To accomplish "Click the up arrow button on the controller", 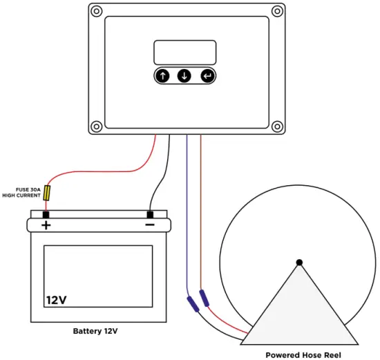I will [x=162, y=76].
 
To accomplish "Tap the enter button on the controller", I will [x=207, y=76].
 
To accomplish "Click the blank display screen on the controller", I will [x=184, y=53].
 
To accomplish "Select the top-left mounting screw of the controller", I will [x=96, y=11].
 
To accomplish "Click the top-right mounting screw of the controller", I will [x=277, y=11].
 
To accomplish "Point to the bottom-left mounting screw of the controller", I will [x=96, y=126].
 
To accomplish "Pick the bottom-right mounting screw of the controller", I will [x=277, y=126].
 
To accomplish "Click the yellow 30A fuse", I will [x=47, y=192].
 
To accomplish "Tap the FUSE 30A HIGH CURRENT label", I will [x=22, y=192].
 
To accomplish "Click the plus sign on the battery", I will [x=46, y=225].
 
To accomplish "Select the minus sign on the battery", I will [x=149, y=225].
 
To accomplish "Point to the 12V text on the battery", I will [x=57, y=300].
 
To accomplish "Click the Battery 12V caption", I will [x=95, y=331].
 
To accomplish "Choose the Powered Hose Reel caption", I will [x=303, y=354].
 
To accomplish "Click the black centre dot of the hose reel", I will [x=299, y=262].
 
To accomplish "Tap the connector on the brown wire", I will [x=204, y=299].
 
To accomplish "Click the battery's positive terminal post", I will [x=46, y=214].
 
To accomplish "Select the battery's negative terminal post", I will [x=149, y=214].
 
